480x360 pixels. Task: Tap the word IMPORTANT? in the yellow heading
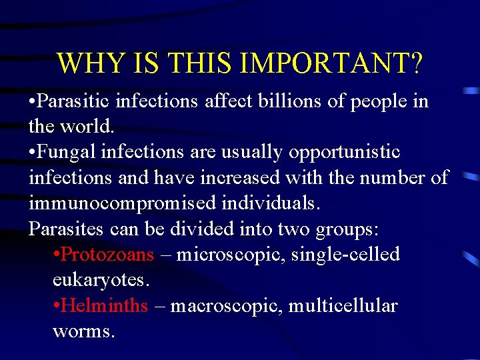332,63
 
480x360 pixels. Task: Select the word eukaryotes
101,279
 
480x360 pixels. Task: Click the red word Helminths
105,306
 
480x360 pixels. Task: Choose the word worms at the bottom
83,331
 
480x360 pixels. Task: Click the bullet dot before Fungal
33,153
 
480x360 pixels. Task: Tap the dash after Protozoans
165,255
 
